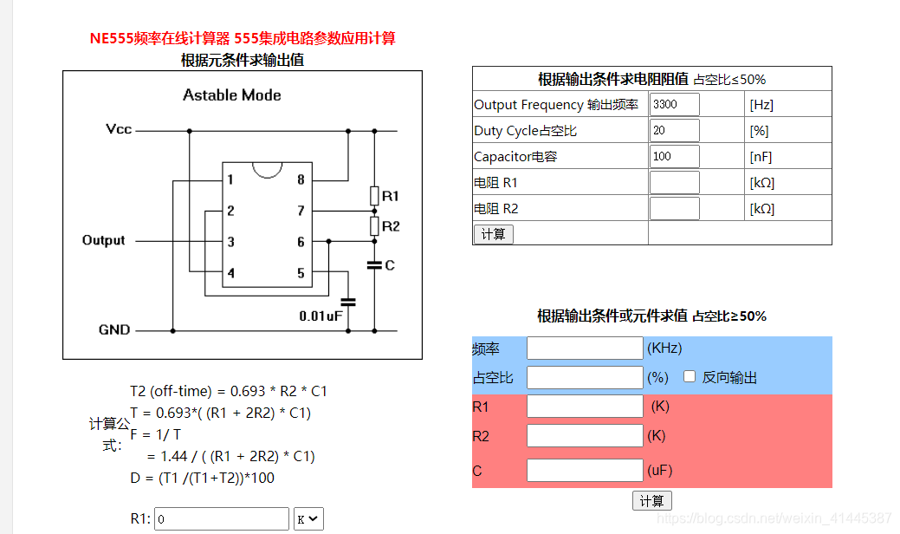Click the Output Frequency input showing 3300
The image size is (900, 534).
674,105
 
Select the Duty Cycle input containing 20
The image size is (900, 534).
674,131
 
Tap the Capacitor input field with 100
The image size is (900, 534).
674,157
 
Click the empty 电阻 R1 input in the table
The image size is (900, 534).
674,183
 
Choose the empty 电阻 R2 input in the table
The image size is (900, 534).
674,209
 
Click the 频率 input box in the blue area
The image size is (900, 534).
585,348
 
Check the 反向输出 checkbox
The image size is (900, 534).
690,377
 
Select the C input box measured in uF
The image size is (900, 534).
585,471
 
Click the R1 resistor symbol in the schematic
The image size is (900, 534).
374,195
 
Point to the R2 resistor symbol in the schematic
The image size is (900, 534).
374,226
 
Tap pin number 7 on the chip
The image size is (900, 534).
301,211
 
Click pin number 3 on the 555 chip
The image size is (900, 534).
230,242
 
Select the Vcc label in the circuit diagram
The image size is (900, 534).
119,129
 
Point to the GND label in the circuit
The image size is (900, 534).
114,330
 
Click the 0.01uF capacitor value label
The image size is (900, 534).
321,316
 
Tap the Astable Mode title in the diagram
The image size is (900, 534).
232,95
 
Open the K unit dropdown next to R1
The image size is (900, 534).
308,519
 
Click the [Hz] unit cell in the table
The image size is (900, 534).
761,105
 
